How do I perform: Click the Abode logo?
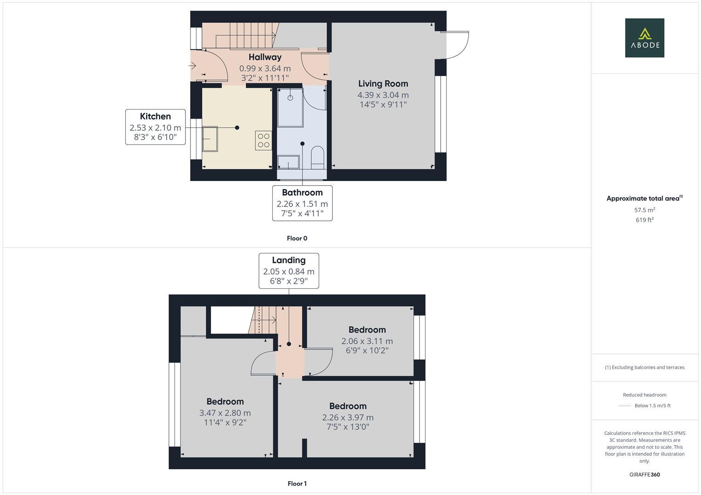point(644,38)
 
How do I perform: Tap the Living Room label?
point(383,83)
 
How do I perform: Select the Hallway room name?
point(265,57)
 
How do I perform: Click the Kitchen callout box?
point(155,126)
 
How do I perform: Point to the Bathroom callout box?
point(302,203)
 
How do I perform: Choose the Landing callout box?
point(288,270)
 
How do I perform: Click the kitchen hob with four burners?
point(264,140)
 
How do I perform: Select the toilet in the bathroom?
point(317,156)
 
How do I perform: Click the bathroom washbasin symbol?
point(288,162)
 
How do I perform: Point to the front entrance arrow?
point(192,66)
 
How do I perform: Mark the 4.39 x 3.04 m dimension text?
point(383,95)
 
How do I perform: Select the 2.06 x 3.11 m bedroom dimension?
point(367,341)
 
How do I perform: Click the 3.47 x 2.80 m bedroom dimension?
point(225,413)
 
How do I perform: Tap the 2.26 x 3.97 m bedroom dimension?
point(348,418)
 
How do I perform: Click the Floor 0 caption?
point(297,238)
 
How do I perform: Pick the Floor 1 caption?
point(297,484)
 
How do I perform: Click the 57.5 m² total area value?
point(644,210)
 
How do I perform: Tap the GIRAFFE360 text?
point(644,474)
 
